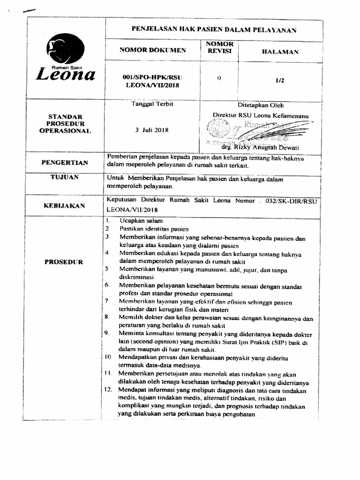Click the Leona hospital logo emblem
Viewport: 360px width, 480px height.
65,49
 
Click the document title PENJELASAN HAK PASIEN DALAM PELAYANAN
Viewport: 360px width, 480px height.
214,30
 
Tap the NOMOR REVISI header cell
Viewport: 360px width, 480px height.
219,47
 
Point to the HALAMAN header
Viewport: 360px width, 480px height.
280,52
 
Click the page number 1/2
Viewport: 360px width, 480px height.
280,80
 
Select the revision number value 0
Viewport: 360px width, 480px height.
219,78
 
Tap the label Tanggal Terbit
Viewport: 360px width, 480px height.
152,104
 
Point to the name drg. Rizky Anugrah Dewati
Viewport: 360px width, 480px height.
269,147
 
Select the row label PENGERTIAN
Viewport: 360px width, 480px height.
65,163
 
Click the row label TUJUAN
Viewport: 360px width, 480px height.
65,177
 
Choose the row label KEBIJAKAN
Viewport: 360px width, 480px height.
65,205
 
